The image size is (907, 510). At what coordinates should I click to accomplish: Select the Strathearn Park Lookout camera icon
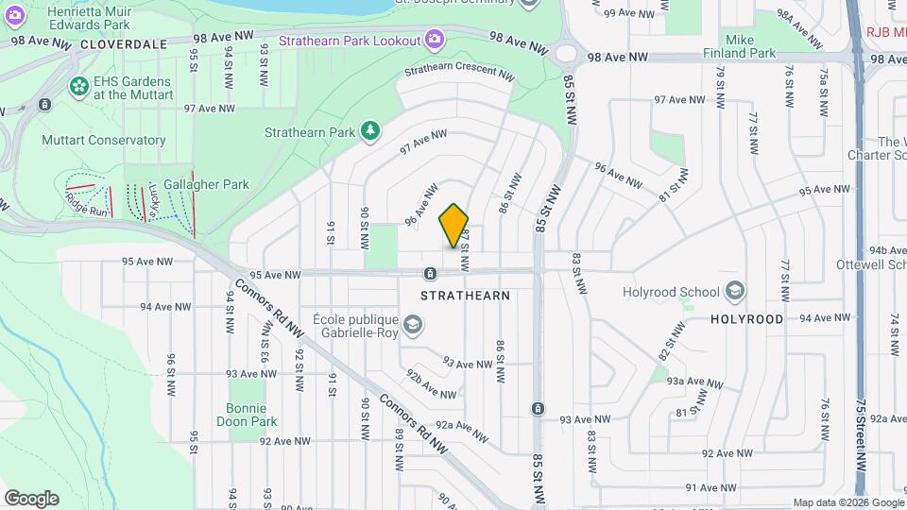pyautogui.click(x=434, y=39)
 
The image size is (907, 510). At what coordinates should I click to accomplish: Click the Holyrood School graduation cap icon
pyautogui.click(x=737, y=290)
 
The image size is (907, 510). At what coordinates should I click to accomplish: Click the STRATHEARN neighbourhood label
pyautogui.click(x=464, y=296)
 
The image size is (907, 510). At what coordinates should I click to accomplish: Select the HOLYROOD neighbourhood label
pyautogui.click(x=746, y=319)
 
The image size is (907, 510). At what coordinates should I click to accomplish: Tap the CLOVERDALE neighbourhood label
pyautogui.click(x=124, y=44)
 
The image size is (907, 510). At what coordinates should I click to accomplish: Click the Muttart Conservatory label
pyautogui.click(x=104, y=141)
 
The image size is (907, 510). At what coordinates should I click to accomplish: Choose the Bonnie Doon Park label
pyautogui.click(x=251, y=415)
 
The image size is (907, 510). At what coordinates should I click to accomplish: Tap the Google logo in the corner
pyautogui.click(x=31, y=498)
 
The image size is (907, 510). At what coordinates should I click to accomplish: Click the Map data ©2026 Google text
pyautogui.click(x=848, y=502)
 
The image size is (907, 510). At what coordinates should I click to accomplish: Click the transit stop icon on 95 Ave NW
pyautogui.click(x=430, y=274)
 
